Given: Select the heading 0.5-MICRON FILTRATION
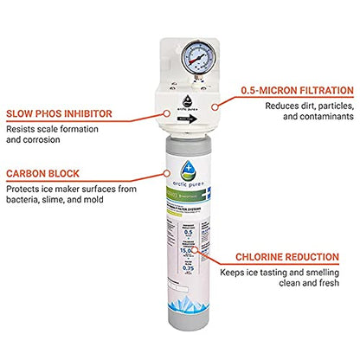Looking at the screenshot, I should pos(297,89).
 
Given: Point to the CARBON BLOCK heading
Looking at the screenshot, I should pos(43,173).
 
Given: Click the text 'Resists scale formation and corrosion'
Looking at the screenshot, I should pos(48,134).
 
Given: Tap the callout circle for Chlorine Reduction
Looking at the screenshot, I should pos(199,249).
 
